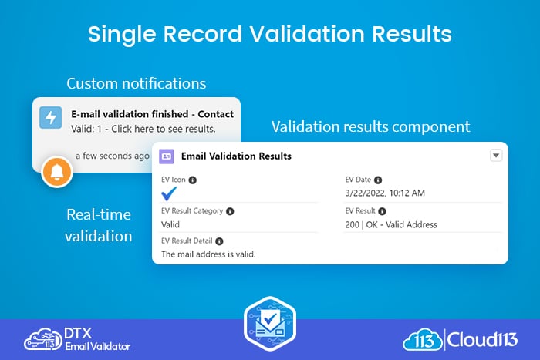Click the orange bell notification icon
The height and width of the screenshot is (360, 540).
click(57, 172)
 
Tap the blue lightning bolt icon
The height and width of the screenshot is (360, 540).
click(51, 117)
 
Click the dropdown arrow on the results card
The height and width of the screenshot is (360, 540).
click(496, 156)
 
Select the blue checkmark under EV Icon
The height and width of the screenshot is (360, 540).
click(169, 193)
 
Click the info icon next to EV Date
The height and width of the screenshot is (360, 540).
click(378, 180)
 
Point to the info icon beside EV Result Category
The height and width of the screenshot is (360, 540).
click(230, 211)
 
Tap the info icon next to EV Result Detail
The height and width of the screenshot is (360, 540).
click(219, 241)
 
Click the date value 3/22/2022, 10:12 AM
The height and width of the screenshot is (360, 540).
click(385, 193)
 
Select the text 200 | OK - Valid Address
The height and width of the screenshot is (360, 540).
click(391, 225)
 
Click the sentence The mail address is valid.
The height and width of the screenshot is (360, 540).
click(208, 254)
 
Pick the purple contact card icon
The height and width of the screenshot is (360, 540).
click(167, 156)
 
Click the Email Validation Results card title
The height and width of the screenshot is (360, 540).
click(236, 156)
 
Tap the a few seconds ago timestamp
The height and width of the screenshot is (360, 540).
click(113, 156)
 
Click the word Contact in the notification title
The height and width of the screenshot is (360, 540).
click(215, 114)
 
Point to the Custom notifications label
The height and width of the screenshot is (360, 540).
click(137, 83)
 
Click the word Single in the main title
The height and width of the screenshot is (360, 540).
click(122, 35)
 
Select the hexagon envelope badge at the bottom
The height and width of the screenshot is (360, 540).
click(270, 324)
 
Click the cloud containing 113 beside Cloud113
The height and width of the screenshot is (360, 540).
click(423, 339)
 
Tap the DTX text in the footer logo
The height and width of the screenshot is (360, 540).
click(78, 333)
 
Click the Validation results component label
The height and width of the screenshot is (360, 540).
click(370, 126)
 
